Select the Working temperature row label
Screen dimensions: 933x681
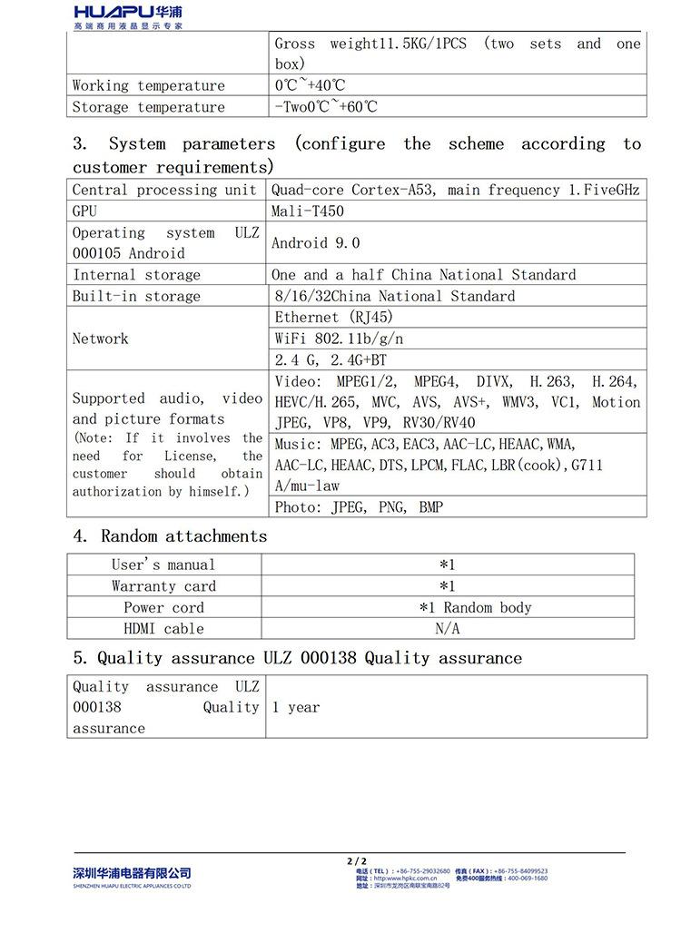(149, 86)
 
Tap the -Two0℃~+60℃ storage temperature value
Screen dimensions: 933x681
(326, 107)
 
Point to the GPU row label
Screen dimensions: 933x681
(84, 211)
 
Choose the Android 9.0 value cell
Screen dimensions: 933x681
(315, 243)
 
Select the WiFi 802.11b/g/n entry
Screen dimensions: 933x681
(339, 339)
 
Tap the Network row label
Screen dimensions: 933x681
(101, 339)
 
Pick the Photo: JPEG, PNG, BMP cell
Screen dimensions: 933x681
(359, 507)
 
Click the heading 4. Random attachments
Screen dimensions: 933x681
(170, 536)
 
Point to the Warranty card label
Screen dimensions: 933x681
(163, 586)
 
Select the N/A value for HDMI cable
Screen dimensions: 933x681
(448, 629)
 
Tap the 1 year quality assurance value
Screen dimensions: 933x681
(296, 708)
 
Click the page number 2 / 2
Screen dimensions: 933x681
(357, 860)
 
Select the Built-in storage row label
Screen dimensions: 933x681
(136, 297)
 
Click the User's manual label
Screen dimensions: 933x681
(163, 565)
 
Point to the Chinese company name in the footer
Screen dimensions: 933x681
(133, 873)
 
